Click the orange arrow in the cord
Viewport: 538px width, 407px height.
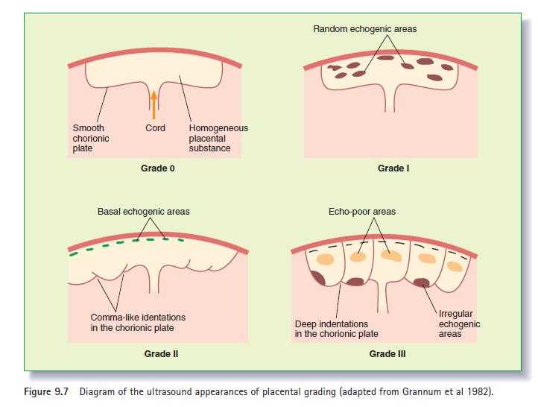click(x=154, y=105)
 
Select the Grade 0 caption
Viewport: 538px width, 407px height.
click(x=158, y=168)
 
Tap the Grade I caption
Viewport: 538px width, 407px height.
click(x=393, y=168)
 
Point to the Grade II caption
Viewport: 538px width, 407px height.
click(x=161, y=354)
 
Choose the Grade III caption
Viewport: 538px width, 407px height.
click(x=387, y=354)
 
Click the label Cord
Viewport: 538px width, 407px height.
click(x=155, y=128)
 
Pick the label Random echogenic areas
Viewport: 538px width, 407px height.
click(x=364, y=29)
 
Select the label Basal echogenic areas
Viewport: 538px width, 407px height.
click(x=143, y=212)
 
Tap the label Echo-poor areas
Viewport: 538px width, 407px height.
click(x=362, y=212)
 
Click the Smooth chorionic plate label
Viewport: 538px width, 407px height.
click(x=91, y=139)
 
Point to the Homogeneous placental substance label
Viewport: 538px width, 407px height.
click(x=218, y=139)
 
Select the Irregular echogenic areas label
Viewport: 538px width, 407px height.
click(x=459, y=324)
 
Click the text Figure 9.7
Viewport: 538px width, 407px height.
click(x=46, y=391)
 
